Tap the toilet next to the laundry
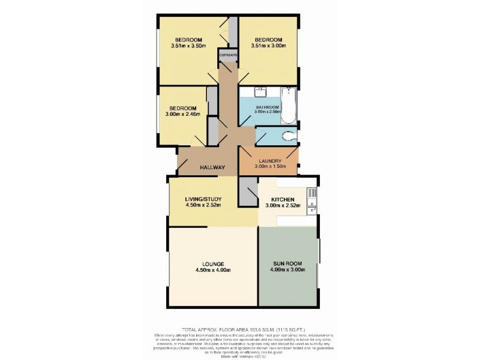[290, 136]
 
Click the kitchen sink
[311, 209]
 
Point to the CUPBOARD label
[229, 55]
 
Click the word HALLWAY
[212, 168]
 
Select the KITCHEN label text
[282, 199]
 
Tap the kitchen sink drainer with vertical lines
[311, 193]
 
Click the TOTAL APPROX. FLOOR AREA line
[239, 328]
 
